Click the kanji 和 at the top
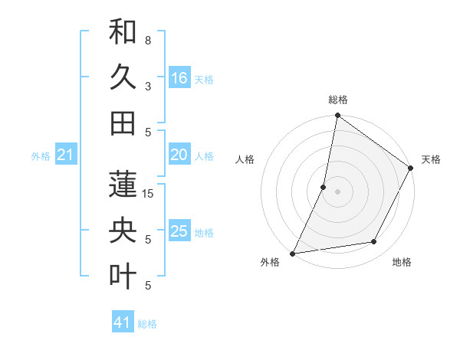point(123,34)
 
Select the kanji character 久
point(123,78)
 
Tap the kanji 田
point(123,123)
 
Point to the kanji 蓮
point(123,185)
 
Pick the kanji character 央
point(123,231)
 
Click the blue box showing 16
point(179,78)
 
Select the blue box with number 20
point(179,155)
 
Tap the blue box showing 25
point(179,231)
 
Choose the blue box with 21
point(66,155)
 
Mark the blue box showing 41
point(123,322)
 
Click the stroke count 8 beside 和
point(148,40)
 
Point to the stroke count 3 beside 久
point(148,87)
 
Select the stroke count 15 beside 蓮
point(149,194)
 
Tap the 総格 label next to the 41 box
point(148,324)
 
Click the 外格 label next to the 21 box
point(41,156)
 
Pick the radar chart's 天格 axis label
point(431,159)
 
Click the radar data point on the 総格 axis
point(337,116)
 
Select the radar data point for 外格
point(293,253)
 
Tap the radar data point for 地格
point(374,242)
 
